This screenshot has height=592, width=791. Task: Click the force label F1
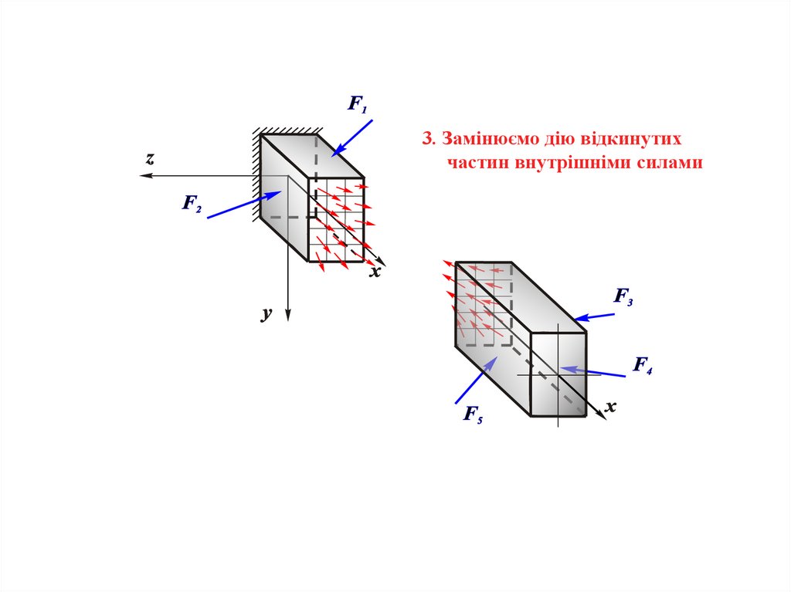pos(357,104)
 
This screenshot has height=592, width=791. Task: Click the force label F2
pos(192,204)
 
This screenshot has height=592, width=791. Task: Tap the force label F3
pos(623,296)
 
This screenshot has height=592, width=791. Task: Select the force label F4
pos(643,365)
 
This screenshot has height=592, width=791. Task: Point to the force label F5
pos(473,416)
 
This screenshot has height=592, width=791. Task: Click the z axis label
pos(150,159)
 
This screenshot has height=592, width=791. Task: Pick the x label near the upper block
pos(375,272)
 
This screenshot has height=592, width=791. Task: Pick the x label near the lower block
pos(611,406)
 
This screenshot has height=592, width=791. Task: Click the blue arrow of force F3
pos(596,316)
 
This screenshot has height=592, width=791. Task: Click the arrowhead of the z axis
pos(144,176)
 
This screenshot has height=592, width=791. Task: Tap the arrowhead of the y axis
pos(287,315)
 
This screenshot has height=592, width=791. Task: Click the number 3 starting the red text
pos(426,140)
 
